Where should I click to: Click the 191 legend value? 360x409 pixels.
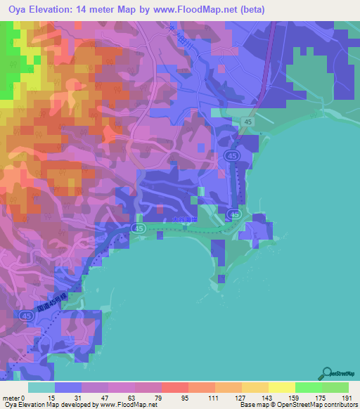click(x=346, y=398)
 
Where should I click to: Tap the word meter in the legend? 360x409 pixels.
click(x=12, y=398)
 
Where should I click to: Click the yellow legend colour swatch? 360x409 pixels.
click(x=281, y=387)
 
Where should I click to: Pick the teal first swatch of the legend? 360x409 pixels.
click(x=41, y=387)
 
